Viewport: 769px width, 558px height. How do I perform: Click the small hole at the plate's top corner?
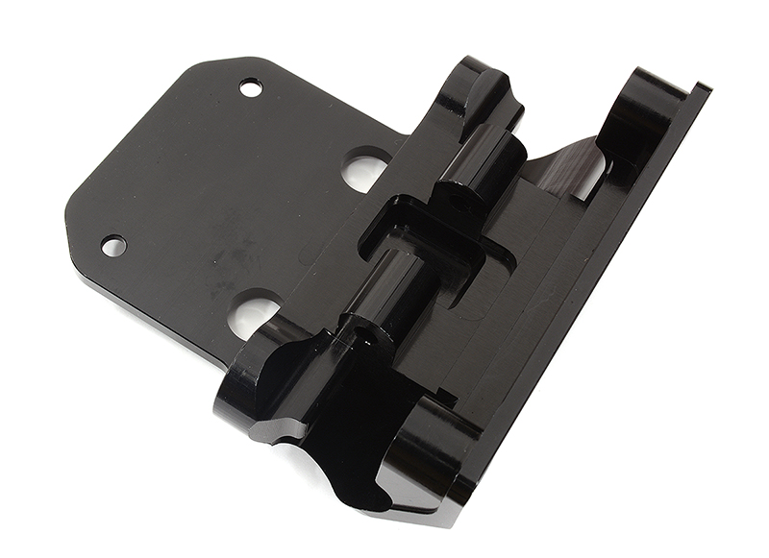pyautogui.click(x=251, y=87)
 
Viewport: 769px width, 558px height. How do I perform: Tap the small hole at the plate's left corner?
pyautogui.click(x=113, y=246)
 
